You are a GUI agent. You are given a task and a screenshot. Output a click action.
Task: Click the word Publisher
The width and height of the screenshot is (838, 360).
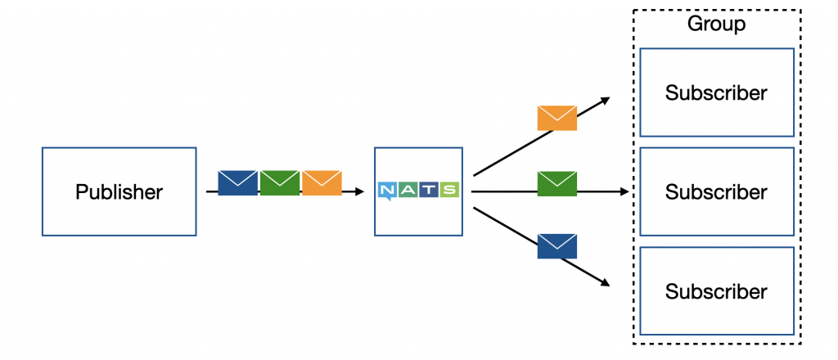[x=119, y=191]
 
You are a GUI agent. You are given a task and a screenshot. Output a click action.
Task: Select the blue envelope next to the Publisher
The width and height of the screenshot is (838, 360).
[x=238, y=182]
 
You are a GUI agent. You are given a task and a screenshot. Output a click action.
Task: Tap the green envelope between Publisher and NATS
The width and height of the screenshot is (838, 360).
[x=280, y=182]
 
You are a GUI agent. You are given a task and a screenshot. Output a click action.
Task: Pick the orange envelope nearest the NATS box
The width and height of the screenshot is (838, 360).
[x=322, y=182]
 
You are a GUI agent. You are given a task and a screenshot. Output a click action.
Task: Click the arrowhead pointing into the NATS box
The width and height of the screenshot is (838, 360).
[x=360, y=191]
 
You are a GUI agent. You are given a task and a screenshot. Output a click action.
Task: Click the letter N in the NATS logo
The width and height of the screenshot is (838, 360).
[x=387, y=190]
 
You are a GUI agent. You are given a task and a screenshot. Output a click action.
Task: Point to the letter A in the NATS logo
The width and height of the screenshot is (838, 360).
[x=408, y=190]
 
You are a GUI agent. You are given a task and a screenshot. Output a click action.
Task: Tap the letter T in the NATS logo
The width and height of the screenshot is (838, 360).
[x=428, y=190]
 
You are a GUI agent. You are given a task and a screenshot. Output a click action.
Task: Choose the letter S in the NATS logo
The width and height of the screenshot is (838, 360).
[x=449, y=190]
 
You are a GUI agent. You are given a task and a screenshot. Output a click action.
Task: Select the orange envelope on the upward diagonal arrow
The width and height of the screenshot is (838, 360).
[x=556, y=118]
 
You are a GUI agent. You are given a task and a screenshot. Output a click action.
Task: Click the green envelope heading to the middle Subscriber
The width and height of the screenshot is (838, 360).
[x=556, y=184]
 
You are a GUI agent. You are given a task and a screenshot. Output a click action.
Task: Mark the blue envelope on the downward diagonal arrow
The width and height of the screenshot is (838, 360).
[x=556, y=246]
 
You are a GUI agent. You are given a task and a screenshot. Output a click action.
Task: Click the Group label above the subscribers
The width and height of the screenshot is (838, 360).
[x=716, y=24]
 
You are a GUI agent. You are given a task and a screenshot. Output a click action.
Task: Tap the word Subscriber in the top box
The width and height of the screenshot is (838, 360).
[x=716, y=93]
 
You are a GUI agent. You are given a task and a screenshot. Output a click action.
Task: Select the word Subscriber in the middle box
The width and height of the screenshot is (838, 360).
[x=716, y=191]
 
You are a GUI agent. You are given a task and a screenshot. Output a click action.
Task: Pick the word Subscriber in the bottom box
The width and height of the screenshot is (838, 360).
[x=716, y=291]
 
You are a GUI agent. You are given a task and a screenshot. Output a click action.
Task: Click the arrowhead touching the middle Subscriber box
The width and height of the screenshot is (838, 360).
[x=624, y=191]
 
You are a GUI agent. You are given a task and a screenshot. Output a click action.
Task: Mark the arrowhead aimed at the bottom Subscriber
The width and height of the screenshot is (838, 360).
[x=606, y=283]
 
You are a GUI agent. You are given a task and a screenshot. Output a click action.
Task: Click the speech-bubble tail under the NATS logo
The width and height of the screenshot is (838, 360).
[x=389, y=199]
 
